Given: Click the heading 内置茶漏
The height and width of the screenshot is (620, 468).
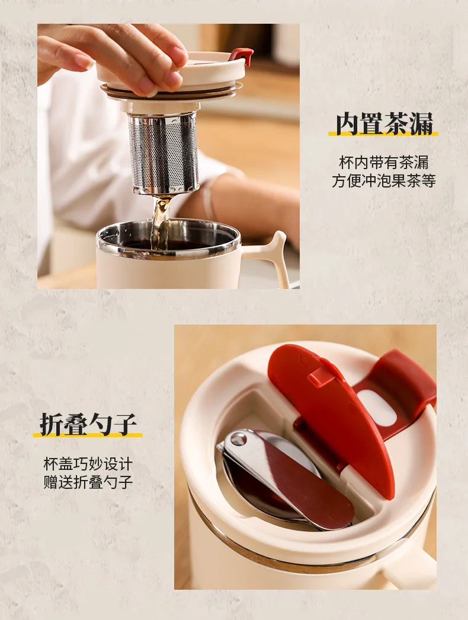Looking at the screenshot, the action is click(x=384, y=124).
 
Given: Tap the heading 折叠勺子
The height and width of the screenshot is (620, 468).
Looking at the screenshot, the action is click(x=88, y=424).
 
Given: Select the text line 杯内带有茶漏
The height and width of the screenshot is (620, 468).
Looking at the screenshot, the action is click(x=383, y=163).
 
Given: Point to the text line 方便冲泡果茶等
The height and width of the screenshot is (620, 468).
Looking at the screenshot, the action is click(x=383, y=181).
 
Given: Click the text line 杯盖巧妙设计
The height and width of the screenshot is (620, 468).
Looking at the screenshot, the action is click(x=88, y=464).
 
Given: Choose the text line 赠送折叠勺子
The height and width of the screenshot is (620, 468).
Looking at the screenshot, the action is click(x=88, y=482).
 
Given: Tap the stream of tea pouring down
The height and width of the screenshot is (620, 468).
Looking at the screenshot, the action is click(x=161, y=221).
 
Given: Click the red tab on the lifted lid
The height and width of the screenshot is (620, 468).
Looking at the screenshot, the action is click(x=242, y=56).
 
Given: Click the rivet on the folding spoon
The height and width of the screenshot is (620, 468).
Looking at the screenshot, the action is click(x=238, y=438).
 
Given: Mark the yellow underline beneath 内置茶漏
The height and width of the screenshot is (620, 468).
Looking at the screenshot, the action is click(x=383, y=133).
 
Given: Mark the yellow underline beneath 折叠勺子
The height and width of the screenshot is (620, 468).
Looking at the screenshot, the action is click(x=88, y=434).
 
